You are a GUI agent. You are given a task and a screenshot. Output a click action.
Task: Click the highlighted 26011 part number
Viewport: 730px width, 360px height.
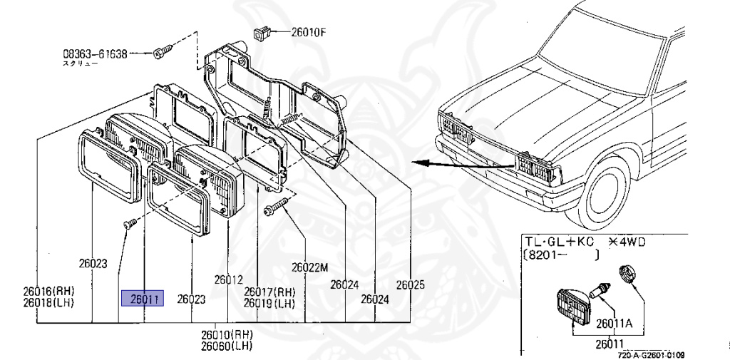point(143,299)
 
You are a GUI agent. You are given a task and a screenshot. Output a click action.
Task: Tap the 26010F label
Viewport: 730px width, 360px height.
point(309,31)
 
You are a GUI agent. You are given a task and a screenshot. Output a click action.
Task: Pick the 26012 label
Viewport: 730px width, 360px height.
point(229,279)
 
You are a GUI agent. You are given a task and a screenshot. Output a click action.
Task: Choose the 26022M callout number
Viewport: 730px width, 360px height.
point(309,268)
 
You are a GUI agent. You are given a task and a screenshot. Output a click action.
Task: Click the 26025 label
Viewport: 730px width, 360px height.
point(410,284)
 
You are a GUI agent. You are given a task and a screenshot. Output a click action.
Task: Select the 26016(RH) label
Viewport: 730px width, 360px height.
point(48,291)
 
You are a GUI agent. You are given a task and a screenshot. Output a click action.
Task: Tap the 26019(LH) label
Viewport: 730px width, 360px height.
point(269,302)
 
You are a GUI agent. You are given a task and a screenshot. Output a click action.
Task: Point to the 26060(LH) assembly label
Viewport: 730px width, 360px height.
point(227,346)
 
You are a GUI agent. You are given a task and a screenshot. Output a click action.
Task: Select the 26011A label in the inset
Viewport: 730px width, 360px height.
point(616,322)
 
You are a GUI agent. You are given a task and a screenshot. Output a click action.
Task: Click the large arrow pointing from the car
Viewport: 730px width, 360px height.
point(456,164)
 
